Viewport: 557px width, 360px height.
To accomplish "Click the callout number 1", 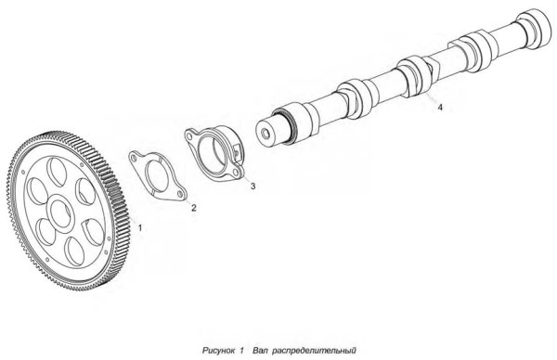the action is pyautogui.click(x=140, y=227).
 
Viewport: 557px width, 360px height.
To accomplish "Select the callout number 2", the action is pyautogui.click(x=194, y=208).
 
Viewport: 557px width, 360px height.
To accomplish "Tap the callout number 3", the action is pyautogui.click(x=253, y=186).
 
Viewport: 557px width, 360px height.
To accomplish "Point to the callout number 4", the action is pyautogui.click(x=440, y=107).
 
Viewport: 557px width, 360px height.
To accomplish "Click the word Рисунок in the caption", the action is pyautogui.click(x=218, y=351).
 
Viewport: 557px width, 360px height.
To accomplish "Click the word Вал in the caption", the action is pyautogui.click(x=260, y=351).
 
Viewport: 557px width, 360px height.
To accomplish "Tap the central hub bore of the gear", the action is pyautogui.click(x=60, y=213).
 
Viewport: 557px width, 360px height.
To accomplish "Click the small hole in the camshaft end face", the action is pyautogui.click(x=265, y=134).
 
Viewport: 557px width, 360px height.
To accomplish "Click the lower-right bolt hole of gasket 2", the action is pyautogui.click(x=180, y=194).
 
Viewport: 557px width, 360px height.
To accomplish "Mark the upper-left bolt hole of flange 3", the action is pyautogui.click(x=188, y=135).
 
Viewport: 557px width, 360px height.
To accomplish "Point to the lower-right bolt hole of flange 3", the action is pyautogui.click(x=235, y=173).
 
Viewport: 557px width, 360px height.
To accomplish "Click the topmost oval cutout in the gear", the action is pyautogui.click(x=57, y=172).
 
